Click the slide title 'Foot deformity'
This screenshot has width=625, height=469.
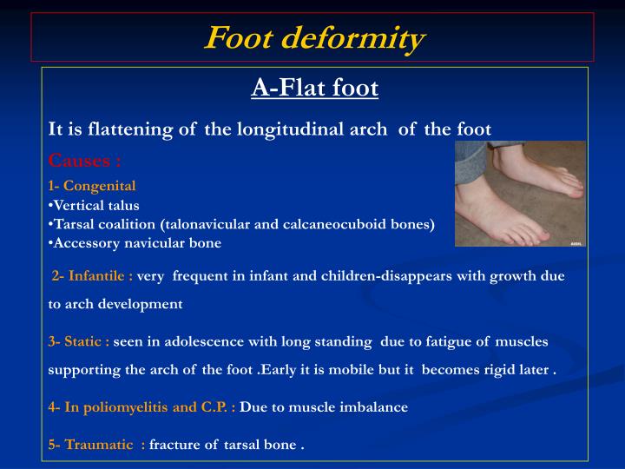[x=313, y=38]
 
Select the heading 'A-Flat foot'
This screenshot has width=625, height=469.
[x=315, y=88]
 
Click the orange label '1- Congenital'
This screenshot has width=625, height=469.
[x=92, y=186]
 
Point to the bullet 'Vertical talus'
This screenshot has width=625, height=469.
[x=95, y=206]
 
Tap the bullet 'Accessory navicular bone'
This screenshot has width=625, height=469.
[x=136, y=243]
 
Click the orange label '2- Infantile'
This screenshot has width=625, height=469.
[x=92, y=276]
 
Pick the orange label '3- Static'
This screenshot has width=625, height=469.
[x=79, y=341]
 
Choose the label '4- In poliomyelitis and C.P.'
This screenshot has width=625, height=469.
[x=141, y=406]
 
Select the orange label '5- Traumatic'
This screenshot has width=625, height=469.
[x=95, y=446]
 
